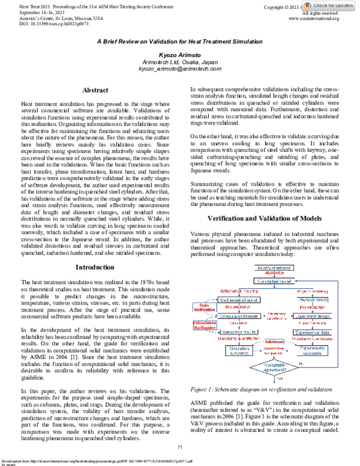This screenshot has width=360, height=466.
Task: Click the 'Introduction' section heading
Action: [94, 266]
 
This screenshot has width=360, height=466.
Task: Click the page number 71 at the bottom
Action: [179, 447]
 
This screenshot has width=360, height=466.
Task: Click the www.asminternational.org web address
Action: [314, 19]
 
